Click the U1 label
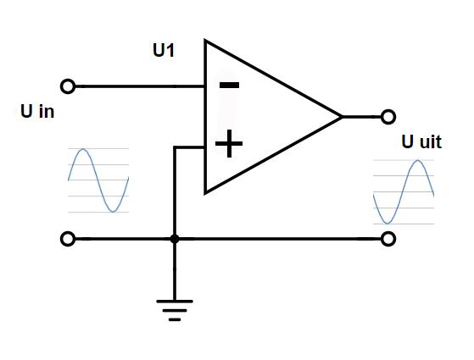[164, 50]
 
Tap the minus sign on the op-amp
[230, 86]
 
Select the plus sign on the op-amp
[229, 143]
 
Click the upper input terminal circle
[68, 86]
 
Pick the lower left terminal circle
[68, 239]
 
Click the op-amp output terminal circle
[388, 117]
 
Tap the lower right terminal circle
[388, 239]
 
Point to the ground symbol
[175, 310]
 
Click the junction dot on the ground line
[175, 239]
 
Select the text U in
[37, 111]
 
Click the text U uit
[421, 141]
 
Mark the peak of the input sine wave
[83, 148]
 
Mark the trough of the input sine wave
[113, 212]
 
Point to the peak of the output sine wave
[418, 160]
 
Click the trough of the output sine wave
[388, 224]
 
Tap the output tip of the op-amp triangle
[343, 117]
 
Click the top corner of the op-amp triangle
[205, 40]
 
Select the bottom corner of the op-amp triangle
[205, 193]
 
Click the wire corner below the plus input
[175, 147]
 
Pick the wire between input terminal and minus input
[140, 86]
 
